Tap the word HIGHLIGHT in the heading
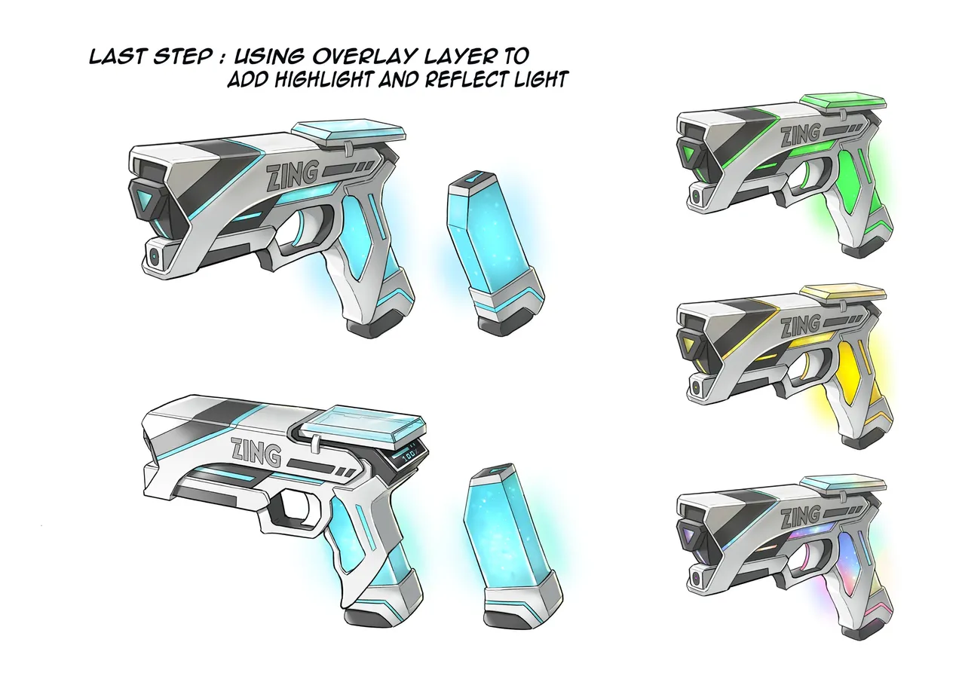click(x=323, y=79)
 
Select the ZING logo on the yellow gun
click(x=800, y=326)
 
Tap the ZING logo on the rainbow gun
click(x=800, y=518)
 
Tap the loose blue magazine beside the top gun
click(x=495, y=254)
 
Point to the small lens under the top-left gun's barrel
click(x=154, y=258)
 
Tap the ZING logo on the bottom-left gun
click(x=256, y=452)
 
